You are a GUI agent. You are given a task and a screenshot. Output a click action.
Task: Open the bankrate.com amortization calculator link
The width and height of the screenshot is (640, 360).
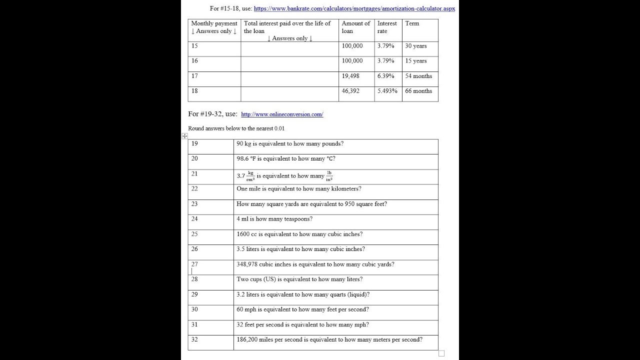click(354, 8)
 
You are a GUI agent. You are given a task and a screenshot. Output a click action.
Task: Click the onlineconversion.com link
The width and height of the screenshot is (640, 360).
click(282, 114)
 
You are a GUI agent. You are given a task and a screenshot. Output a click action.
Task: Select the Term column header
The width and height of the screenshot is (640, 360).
click(412, 23)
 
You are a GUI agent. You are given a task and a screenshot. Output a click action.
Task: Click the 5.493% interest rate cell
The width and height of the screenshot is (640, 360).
click(387, 91)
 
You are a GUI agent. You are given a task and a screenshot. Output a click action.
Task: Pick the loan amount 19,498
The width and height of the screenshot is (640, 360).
click(350, 76)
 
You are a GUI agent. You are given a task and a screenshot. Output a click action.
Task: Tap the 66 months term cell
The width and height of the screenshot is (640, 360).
click(418, 91)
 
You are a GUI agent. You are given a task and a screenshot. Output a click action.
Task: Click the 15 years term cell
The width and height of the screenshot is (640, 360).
click(416, 61)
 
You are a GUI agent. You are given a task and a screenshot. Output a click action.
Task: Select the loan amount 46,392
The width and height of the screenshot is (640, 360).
click(350, 91)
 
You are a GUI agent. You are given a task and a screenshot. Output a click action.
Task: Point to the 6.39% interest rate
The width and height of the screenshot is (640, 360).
click(385, 76)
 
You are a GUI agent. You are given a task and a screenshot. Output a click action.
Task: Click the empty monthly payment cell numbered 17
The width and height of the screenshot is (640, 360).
click(214, 79)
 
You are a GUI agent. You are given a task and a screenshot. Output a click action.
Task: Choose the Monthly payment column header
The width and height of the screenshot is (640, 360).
click(214, 27)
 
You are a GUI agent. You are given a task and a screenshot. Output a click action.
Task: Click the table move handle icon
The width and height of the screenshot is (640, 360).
click(184, 136)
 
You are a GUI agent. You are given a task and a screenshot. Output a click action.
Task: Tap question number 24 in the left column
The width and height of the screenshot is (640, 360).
click(194, 219)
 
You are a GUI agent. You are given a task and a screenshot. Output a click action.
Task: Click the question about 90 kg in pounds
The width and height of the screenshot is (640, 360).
click(290, 144)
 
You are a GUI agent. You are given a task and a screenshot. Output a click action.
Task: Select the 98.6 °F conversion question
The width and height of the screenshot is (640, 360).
click(286, 159)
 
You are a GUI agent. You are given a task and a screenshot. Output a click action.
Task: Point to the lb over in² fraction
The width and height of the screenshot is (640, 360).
click(329, 176)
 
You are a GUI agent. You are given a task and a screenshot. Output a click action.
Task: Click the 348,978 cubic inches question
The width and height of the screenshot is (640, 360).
click(315, 264)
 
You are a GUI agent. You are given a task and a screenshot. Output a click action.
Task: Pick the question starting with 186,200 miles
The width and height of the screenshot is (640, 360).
click(329, 340)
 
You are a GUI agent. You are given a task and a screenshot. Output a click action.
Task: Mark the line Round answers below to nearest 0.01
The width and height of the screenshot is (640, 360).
click(236, 128)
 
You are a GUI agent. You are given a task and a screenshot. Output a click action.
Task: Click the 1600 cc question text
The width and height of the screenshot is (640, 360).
click(299, 234)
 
